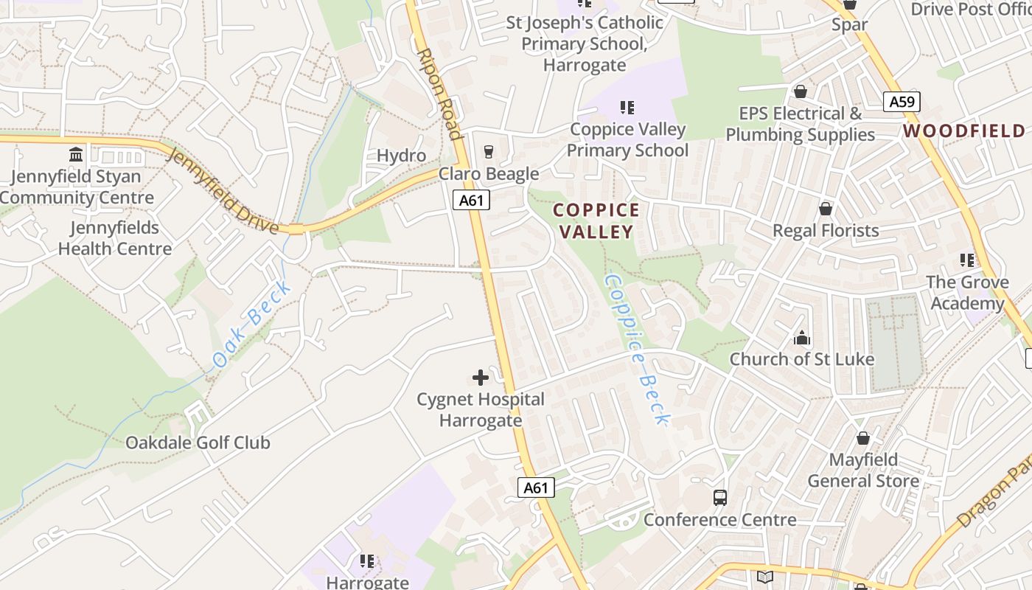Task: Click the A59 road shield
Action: (x=902, y=102)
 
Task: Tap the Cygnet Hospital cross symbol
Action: (x=480, y=378)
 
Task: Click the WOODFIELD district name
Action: (x=964, y=131)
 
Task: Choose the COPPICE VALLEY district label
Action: (x=596, y=221)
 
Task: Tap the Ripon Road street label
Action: (x=439, y=94)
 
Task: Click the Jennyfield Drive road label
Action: (x=223, y=190)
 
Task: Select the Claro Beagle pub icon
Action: (x=488, y=152)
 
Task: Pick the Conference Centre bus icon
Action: (x=720, y=498)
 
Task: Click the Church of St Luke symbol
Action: (x=801, y=339)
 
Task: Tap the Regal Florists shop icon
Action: (x=826, y=209)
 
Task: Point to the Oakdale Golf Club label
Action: (x=198, y=442)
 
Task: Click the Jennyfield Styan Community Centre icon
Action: (x=76, y=155)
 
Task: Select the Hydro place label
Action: (x=401, y=156)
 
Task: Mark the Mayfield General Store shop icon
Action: (x=862, y=439)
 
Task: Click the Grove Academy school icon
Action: (x=967, y=260)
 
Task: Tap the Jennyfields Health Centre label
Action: (x=115, y=238)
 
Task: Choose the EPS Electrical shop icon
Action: (x=800, y=91)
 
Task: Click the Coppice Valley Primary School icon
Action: (x=627, y=108)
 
